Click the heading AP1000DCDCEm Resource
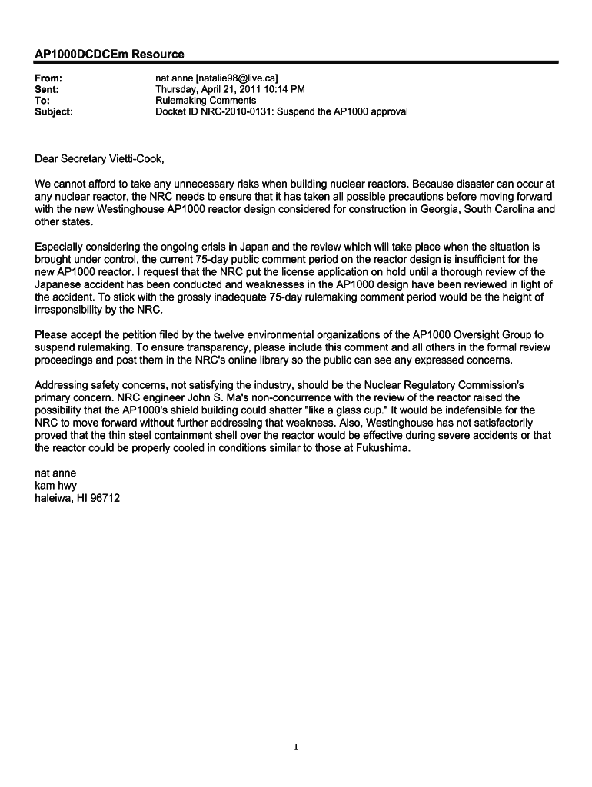point(110,54)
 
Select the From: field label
point(49,78)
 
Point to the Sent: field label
point(48,89)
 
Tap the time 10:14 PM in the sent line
point(267,89)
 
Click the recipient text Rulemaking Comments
point(206,100)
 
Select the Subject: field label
point(55,111)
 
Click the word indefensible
point(456,410)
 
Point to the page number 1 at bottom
point(296,747)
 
